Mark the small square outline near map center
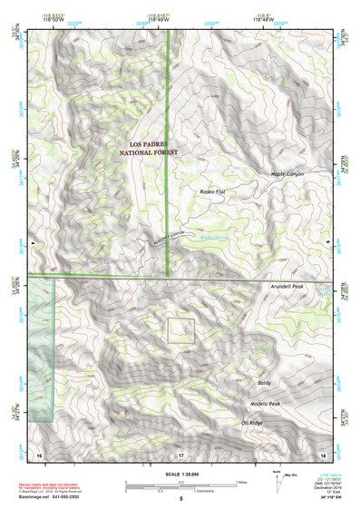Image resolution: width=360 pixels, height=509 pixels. coord(181,330)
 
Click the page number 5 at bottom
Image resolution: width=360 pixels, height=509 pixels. coord(180,499)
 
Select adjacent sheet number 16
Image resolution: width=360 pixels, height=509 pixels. coord(38,453)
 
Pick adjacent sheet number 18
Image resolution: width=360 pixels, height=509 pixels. coord(322,453)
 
